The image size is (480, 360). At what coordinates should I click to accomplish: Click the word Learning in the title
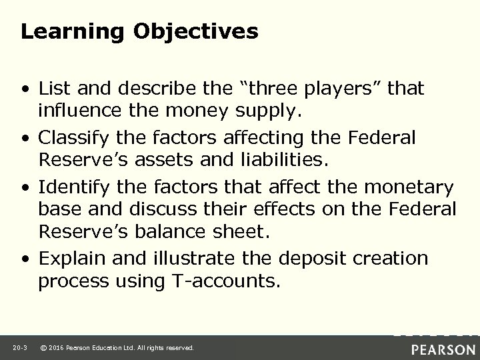59,32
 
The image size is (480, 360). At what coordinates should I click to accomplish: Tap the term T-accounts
217,281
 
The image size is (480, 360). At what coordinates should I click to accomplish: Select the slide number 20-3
19,348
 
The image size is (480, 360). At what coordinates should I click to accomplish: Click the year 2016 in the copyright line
56,348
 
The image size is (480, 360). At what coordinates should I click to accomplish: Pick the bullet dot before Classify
25,138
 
